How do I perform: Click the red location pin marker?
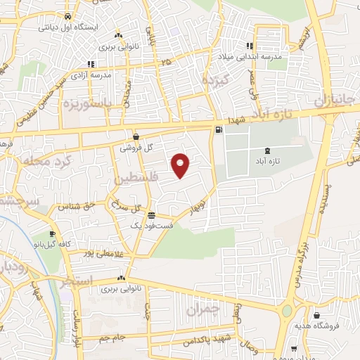[x=181, y=165]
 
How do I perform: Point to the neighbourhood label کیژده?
[x=217, y=79]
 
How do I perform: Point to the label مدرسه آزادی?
[x=94, y=74]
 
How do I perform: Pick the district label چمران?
[x=205, y=309]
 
